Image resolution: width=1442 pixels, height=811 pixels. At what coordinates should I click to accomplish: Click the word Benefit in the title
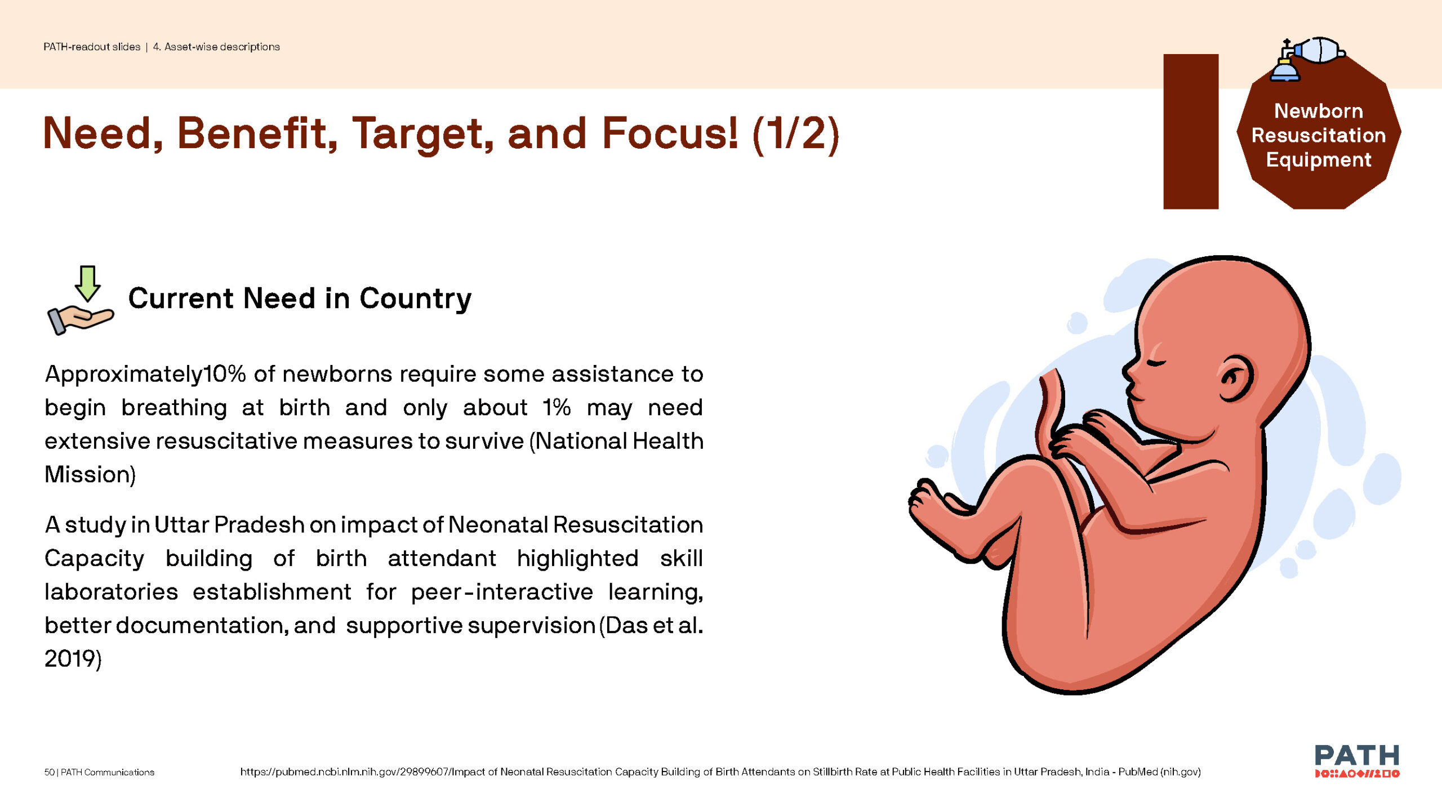[x=257, y=133]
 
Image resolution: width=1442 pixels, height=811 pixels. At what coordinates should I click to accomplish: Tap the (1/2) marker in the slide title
[x=796, y=135]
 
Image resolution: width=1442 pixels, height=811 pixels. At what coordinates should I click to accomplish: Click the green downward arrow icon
[x=87, y=284]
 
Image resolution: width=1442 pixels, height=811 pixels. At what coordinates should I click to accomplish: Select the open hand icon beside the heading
[x=81, y=319]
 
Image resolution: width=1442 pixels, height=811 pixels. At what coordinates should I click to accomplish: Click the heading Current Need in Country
[x=300, y=298]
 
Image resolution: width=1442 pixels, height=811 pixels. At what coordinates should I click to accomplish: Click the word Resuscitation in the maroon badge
[x=1319, y=135]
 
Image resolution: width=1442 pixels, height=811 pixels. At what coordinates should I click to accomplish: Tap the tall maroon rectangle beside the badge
[x=1191, y=132]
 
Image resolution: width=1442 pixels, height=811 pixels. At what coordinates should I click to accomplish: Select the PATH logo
[x=1357, y=760]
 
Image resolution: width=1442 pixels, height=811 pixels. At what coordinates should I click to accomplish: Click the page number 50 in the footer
[x=50, y=772]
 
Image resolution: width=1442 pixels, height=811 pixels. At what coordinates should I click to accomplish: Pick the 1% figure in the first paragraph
[x=557, y=407]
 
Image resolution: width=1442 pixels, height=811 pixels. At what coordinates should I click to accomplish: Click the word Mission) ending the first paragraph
[x=90, y=475]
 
